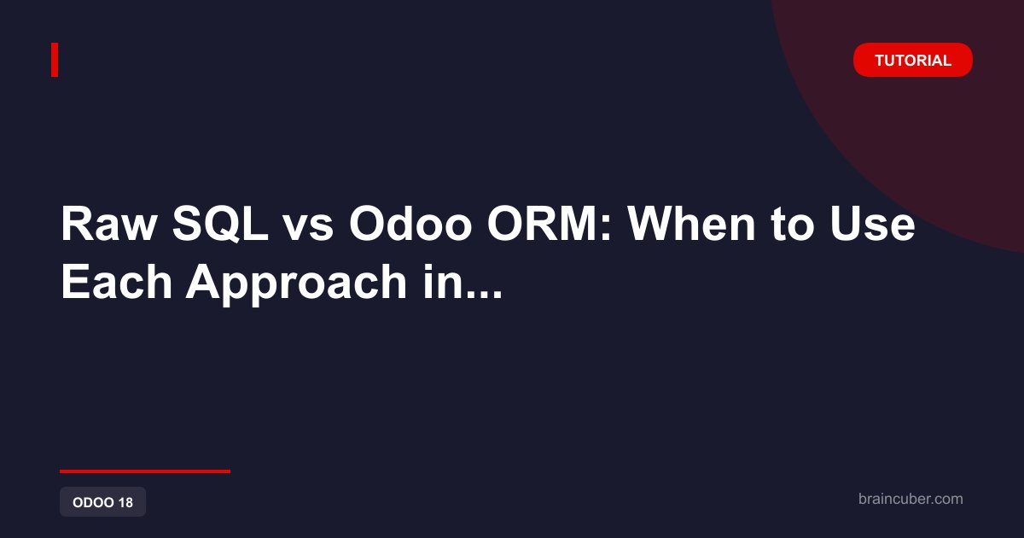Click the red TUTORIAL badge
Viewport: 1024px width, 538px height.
point(912,60)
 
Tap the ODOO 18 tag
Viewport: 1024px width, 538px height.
point(103,502)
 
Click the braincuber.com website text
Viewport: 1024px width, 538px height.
point(911,499)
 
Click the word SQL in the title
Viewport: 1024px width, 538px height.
point(219,224)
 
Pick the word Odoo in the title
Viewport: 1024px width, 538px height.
point(410,224)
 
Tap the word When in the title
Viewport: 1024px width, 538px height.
point(692,224)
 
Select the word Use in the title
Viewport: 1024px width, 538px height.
point(873,224)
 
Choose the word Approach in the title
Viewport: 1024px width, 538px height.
point(296,284)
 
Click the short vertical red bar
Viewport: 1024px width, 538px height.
point(55,60)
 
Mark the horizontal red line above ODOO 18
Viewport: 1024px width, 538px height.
point(145,471)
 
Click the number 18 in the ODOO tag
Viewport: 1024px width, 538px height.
point(125,502)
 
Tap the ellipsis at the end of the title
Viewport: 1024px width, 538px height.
point(479,294)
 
